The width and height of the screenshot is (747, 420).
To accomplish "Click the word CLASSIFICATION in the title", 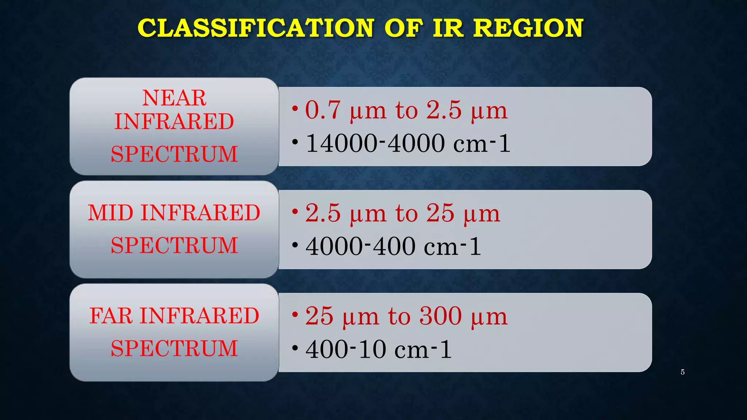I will click(x=255, y=28).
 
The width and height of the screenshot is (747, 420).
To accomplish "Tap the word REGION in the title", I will click(x=529, y=28).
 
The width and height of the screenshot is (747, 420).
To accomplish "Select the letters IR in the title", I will click(x=448, y=28).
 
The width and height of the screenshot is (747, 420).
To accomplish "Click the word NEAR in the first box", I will click(x=174, y=98).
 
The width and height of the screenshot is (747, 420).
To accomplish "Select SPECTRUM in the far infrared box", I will click(x=174, y=348).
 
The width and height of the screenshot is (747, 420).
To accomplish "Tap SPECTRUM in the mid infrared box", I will click(x=174, y=245).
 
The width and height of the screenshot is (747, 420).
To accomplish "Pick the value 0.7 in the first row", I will click(x=323, y=110).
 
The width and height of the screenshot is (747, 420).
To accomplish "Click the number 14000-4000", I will click(x=375, y=143).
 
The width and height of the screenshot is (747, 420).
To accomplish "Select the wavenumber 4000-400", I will click(x=360, y=246).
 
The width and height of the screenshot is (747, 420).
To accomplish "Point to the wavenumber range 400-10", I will click(x=346, y=350).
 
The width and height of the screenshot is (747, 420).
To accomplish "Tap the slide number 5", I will click(x=682, y=372).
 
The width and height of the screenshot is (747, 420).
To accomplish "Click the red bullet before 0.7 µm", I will click(x=295, y=108).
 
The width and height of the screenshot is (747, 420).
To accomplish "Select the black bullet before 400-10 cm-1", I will click(x=295, y=347).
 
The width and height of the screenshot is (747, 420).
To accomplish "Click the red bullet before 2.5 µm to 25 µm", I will click(x=295, y=211).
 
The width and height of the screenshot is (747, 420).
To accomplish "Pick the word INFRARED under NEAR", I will click(x=174, y=121).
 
